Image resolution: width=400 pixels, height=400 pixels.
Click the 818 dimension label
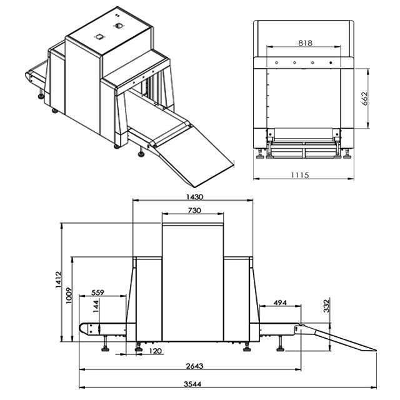click(x=305, y=43)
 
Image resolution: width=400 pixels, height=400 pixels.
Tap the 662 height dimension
click(x=364, y=99)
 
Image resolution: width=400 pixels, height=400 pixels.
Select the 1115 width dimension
click(x=300, y=175)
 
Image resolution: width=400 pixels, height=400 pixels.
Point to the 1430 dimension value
click(x=194, y=197)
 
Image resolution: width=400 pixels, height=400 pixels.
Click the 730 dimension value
click(x=194, y=211)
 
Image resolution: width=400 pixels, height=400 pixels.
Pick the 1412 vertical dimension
click(x=58, y=279)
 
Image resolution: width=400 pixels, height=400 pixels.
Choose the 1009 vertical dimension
click(x=69, y=296)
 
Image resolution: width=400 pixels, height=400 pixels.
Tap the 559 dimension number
click(x=97, y=292)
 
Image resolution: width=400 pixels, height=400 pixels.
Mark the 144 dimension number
click(x=96, y=306)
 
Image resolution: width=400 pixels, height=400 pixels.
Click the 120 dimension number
click(x=156, y=351)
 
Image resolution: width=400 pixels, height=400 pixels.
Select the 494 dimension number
click(x=280, y=302)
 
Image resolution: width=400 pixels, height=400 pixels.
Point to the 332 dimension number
click(x=326, y=306)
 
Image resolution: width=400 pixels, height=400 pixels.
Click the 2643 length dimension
click(x=194, y=366)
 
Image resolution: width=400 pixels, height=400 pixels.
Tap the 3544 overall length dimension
click(x=192, y=384)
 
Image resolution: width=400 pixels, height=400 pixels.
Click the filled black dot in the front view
click(x=331, y=62)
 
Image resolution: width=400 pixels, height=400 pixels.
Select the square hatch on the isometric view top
click(x=99, y=37)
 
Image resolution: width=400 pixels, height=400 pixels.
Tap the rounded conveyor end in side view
click(x=83, y=328)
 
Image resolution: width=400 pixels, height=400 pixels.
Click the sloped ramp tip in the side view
click(x=376, y=350)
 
